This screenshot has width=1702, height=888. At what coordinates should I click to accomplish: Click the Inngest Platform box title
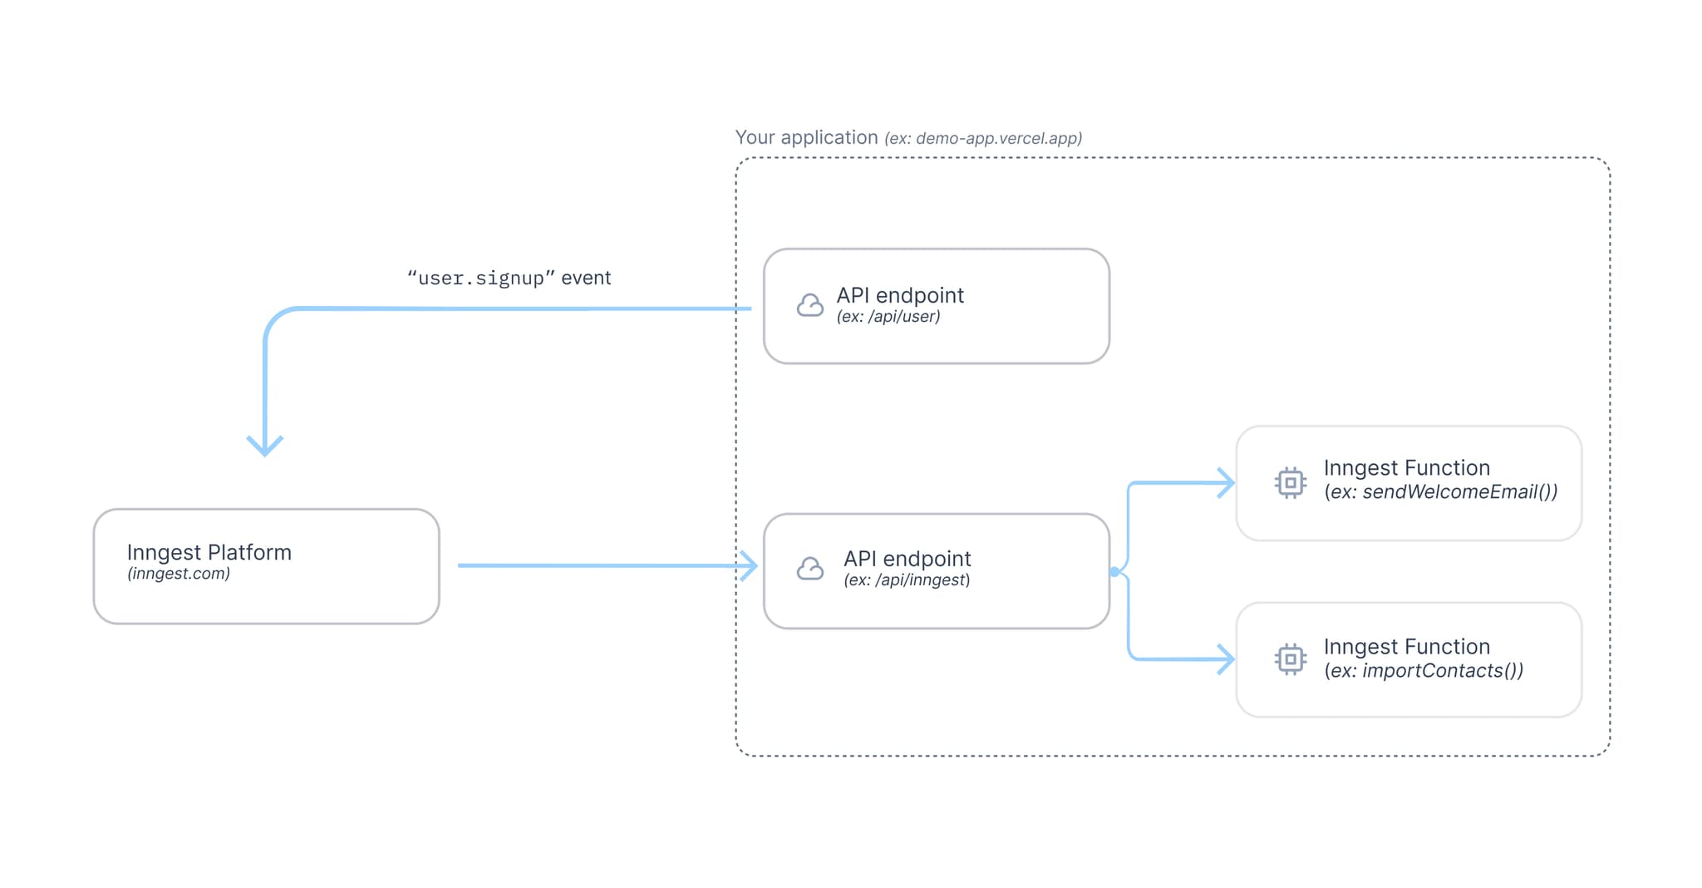point(209,552)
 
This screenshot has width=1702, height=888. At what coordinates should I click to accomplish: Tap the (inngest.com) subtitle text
point(178,574)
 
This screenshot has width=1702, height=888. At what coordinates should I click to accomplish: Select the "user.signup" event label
point(509,278)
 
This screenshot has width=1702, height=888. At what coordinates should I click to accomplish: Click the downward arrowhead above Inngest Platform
point(265,446)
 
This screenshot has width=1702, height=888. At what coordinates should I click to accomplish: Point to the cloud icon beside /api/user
point(809,305)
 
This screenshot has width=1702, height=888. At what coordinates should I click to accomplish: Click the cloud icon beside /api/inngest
point(809,569)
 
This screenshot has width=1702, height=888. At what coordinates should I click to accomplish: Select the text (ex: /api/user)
point(888,317)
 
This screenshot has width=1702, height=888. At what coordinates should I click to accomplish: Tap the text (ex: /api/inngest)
point(907,580)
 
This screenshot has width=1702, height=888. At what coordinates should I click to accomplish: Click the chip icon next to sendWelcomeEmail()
point(1290,482)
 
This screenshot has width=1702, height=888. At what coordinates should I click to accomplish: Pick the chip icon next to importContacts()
point(1290,659)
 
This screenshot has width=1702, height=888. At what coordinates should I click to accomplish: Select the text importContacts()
point(1442,671)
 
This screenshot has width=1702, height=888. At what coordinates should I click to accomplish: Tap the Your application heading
point(806,137)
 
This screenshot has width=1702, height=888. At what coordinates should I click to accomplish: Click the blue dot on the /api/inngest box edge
point(1114,571)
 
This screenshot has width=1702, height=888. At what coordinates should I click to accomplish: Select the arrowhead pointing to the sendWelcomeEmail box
point(1226,482)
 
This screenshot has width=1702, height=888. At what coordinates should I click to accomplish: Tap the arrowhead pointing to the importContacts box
point(1226,659)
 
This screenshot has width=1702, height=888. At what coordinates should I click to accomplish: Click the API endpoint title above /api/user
point(900,295)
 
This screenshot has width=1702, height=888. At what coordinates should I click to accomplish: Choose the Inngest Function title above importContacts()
point(1406,646)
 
